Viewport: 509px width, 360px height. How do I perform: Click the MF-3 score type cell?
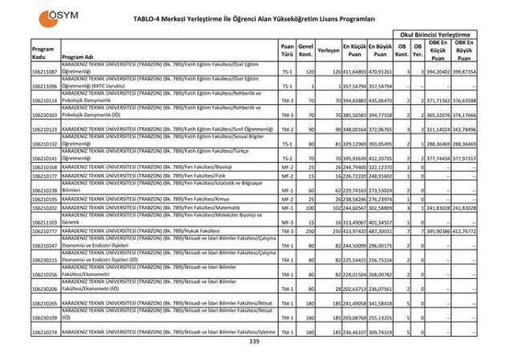pyautogui.click(x=287, y=221)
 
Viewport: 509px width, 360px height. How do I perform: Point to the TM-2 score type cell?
pyautogui.click(x=287, y=129)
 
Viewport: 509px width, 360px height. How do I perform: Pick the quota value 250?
pyautogui.click(x=306, y=232)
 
